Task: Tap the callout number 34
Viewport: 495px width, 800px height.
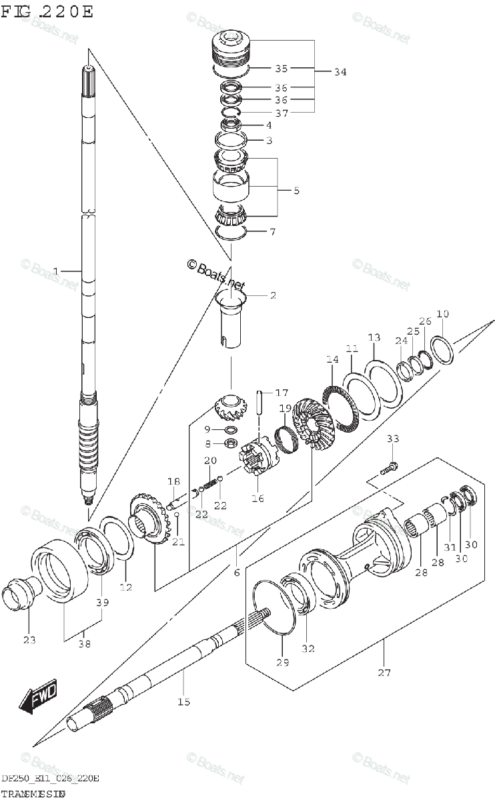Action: pyautogui.click(x=340, y=73)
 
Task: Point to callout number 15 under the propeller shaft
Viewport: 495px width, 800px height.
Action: pyautogui.click(x=183, y=701)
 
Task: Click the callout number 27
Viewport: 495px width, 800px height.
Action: pyautogui.click(x=384, y=673)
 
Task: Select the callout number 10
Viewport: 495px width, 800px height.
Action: pyautogui.click(x=442, y=314)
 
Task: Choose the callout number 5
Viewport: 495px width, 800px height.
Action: pyautogui.click(x=296, y=190)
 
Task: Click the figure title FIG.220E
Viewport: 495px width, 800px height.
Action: pyautogui.click(x=48, y=11)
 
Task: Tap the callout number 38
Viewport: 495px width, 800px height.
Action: pyautogui.click(x=83, y=644)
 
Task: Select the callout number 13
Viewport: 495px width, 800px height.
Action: pyautogui.click(x=374, y=337)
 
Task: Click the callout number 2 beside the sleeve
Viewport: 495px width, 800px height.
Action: pyautogui.click(x=273, y=295)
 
